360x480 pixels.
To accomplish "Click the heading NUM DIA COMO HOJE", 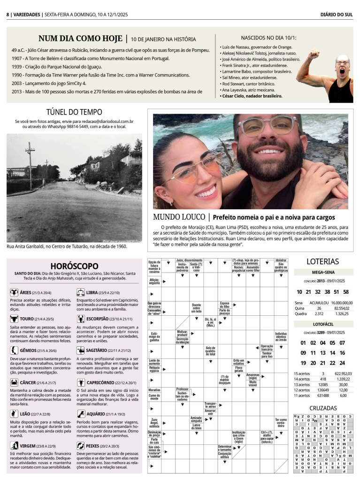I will [81, 38].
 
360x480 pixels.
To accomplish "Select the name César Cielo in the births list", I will [252, 96].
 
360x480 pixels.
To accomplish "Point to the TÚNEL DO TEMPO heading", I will [74, 112].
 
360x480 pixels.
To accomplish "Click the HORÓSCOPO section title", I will [74, 266].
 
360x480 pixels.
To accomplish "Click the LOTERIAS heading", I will [322, 261].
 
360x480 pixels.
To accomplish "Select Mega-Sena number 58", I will [346, 292].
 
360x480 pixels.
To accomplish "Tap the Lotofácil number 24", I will [342, 363].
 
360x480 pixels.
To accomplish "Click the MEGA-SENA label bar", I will [322, 272].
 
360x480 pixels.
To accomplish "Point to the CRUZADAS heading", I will [322, 408].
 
